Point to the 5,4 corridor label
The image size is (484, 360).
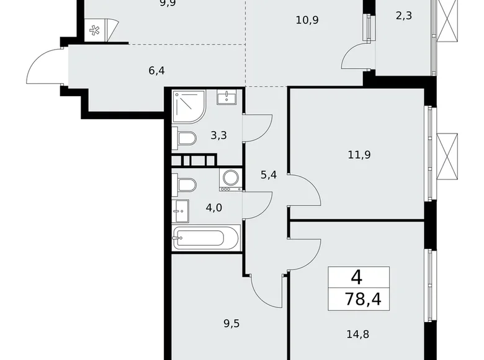[268, 175]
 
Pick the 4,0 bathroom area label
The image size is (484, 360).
[214, 207]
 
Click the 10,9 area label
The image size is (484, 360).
[307, 20]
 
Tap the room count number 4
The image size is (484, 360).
[356, 277]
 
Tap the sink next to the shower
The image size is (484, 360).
[226, 97]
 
